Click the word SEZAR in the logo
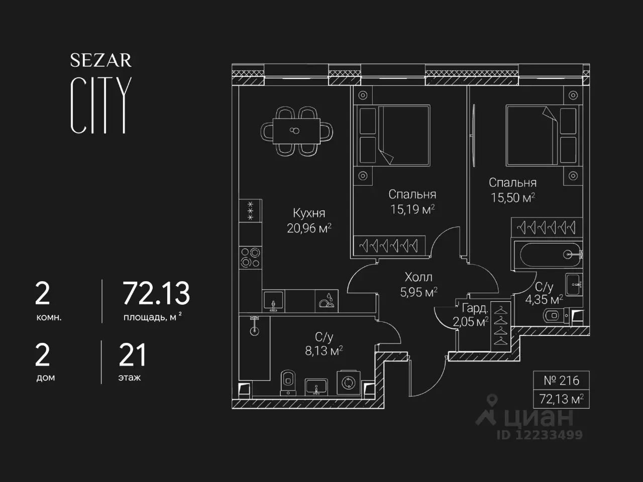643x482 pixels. click(101, 60)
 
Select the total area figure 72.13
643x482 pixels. click(156, 293)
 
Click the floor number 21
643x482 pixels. click(133, 354)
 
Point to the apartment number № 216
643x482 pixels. click(561, 381)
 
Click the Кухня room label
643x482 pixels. click(309, 213)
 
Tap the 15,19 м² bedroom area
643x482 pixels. click(412, 209)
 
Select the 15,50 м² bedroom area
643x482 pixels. click(513, 197)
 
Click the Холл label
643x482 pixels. click(418, 277)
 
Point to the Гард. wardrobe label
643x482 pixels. click(475, 308)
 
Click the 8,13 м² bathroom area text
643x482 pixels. click(324, 350)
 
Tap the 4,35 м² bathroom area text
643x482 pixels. click(544, 300)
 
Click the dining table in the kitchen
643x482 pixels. click(296, 131)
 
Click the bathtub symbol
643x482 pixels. click(547, 255)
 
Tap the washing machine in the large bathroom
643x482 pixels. click(349, 382)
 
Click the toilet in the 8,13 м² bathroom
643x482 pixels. click(288, 383)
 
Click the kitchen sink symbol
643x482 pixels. click(274, 301)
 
